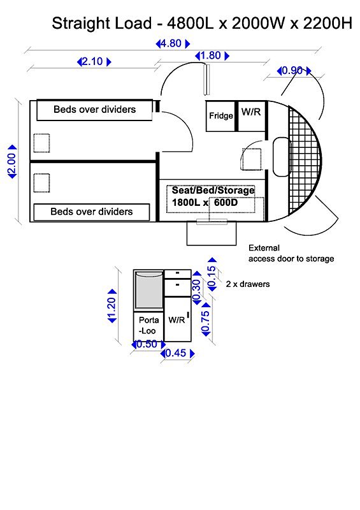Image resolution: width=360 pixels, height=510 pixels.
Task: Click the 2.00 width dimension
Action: coord(11,162)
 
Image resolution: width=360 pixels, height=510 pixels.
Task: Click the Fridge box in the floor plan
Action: coord(220,116)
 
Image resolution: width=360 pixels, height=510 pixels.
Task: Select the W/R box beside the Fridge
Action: coord(252,116)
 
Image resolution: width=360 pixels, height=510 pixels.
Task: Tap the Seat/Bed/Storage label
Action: coord(213,190)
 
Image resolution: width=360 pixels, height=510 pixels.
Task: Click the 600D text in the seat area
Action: coord(226,203)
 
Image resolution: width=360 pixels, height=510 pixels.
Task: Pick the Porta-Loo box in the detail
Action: coord(148,326)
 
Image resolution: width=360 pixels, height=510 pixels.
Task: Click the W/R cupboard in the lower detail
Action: coord(178,319)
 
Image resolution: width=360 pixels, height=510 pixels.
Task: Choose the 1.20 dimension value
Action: coord(112,306)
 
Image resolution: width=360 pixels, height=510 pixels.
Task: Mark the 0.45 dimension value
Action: coord(178,353)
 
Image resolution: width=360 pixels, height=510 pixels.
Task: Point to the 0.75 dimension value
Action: coord(206,319)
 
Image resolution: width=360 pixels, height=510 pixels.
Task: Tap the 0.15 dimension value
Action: coord(212,274)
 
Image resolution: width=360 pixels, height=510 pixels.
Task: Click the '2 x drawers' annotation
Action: coord(248,284)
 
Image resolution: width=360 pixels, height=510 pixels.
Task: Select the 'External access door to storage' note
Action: coord(291,253)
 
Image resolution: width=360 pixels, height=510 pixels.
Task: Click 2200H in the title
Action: coord(328,24)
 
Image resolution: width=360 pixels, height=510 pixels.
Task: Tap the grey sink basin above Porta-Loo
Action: coord(149,290)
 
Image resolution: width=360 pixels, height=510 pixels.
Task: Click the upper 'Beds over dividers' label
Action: coord(95,109)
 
